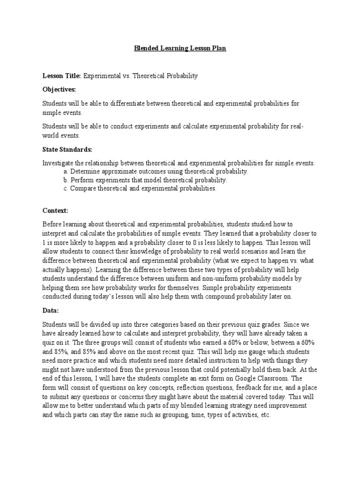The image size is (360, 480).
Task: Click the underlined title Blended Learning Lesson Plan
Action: click(180, 49)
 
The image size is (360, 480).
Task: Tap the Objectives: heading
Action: click(59, 89)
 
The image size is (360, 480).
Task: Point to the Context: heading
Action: click(55, 211)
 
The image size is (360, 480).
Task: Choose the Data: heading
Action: click(51, 310)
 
